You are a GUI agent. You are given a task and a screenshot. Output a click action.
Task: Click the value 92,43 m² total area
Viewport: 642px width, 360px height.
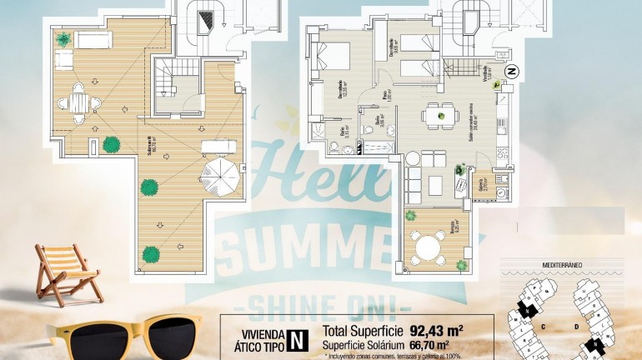click(x=437, y=328)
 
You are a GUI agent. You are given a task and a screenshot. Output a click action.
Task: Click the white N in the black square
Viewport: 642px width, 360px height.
click(x=295, y=339)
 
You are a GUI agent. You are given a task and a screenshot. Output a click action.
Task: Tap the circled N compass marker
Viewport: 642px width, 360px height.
click(x=513, y=72)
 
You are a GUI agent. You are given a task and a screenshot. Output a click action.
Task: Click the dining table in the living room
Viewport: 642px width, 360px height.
click(x=437, y=114)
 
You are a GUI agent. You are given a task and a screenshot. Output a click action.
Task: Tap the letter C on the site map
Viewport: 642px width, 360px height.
click(x=543, y=327)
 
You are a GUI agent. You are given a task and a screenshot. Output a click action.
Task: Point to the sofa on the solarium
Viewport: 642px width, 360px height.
click(x=93, y=39)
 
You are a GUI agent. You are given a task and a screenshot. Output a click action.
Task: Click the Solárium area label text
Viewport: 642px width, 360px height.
click(x=150, y=146)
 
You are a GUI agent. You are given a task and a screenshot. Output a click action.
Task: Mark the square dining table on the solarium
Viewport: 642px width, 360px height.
click(x=79, y=102)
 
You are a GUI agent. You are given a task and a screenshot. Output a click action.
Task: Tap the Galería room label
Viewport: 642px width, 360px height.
click(x=479, y=183)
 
